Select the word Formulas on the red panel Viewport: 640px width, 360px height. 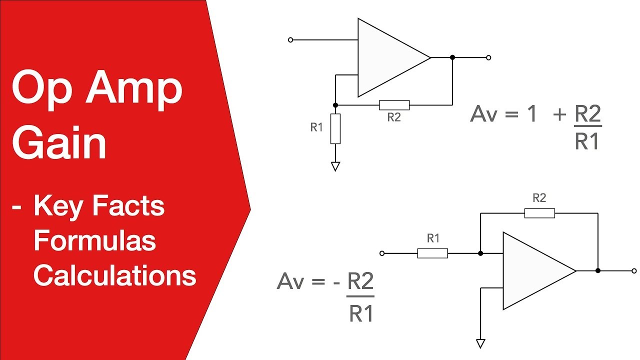[x=95, y=241]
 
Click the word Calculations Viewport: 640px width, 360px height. [x=115, y=275]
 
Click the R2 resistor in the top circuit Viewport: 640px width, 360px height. [x=394, y=105]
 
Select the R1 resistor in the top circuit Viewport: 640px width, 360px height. [x=335, y=128]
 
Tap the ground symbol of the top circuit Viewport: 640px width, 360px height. [x=335, y=166]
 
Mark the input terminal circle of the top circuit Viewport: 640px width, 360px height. [x=290, y=39]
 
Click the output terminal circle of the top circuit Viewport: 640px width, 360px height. [x=488, y=57]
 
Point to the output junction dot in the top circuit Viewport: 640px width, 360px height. [x=452, y=57]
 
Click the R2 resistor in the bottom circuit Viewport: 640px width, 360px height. [x=539, y=213]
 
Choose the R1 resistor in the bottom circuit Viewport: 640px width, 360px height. [x=432, y=253]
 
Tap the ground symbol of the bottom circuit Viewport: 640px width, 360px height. [x=480, y=343]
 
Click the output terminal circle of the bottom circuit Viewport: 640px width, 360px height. [x=634, y=270]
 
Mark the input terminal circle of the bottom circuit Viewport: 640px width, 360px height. [x=382, y=253]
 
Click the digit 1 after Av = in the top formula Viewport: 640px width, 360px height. [x=531, y=115]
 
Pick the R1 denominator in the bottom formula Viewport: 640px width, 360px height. [x=361, y=314]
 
